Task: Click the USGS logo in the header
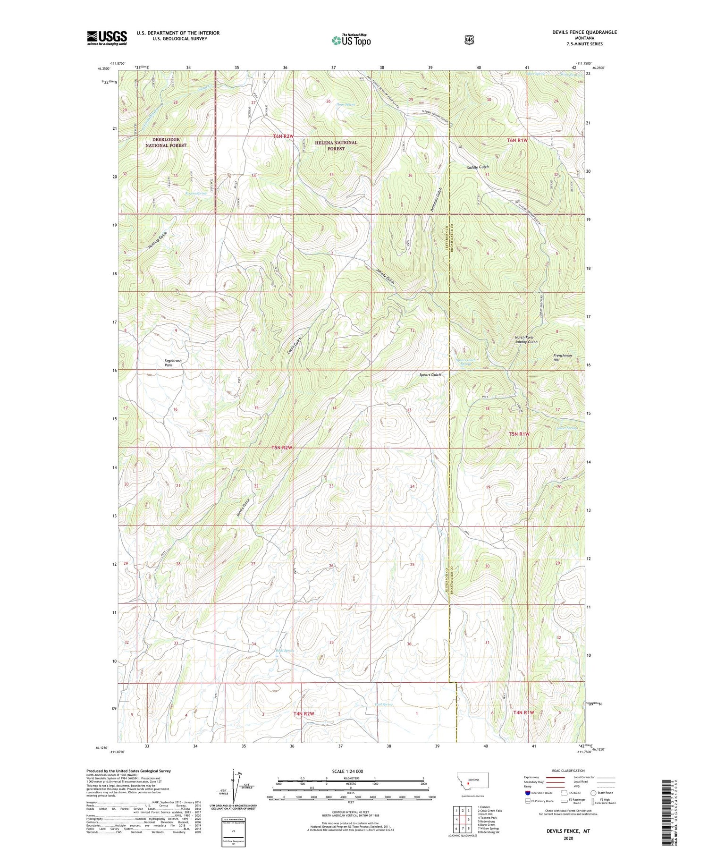click(107, 38)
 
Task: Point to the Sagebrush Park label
click(173, 363)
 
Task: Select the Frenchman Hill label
click(562, 357)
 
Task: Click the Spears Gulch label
click(430, 375)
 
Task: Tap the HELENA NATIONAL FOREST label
click(336, 145)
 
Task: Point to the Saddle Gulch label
click(477, 167)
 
